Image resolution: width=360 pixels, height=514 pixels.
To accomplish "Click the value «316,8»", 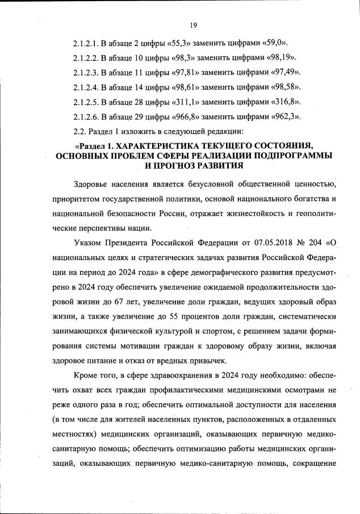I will [x=284, y=102].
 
